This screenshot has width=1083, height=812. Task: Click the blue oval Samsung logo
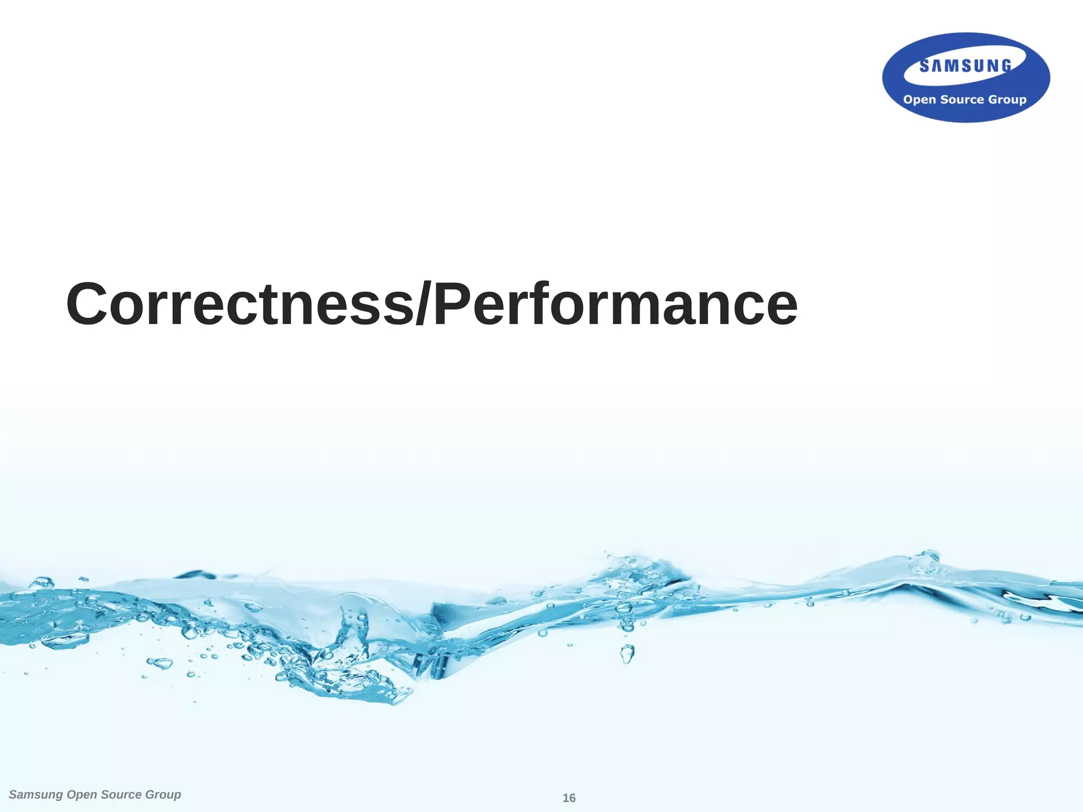(x=966, y=78)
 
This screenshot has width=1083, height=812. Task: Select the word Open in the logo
(x=920, y=100)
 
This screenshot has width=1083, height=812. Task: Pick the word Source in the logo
(x=962, y=99)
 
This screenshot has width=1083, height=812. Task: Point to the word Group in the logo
(x=1007, y=100)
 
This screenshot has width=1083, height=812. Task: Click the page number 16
(x=569, y=798)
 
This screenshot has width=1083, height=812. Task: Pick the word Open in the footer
(x=82, y=795)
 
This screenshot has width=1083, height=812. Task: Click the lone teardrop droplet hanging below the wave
(x=627, y=654)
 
